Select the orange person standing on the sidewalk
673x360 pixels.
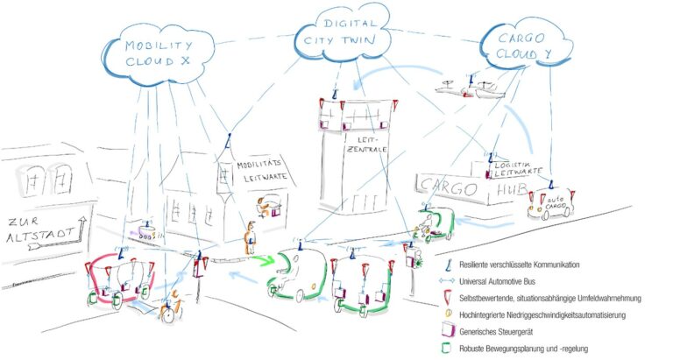click(251, 236)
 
